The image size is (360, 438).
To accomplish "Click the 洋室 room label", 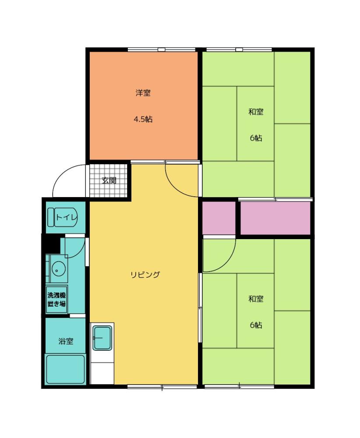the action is [x=143, y=93].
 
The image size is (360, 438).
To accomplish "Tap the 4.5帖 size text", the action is [x=143, y=119].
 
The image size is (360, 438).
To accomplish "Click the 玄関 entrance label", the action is [x=109, y=180].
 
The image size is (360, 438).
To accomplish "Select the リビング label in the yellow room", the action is [x=145, y=275].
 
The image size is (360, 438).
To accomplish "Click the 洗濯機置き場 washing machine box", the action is [x=56, y=300].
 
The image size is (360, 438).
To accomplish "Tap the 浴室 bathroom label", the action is [x=66, y=341].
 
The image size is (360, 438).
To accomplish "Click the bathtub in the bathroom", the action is [x=66, y=369].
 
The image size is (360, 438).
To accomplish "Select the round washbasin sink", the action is [x=58, y=269].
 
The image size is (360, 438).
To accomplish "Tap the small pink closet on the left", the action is [x=219, y=218].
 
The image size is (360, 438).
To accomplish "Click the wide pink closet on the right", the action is [x=275, y=218].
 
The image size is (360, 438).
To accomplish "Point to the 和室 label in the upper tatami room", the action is [x=256, y=112].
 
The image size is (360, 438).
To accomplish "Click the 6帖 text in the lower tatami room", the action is [x=256, y=325].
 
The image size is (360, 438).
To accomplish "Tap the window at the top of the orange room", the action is [x=162, y=50].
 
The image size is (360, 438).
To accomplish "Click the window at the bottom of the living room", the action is [x=162, y=387].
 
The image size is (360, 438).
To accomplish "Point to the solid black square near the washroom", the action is [x=53, y=244].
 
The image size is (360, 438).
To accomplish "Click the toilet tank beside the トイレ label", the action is [x=50, y=217].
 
